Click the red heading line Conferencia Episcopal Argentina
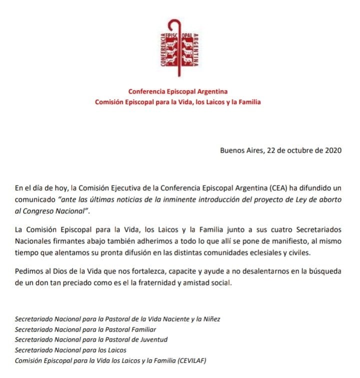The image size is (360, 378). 178,92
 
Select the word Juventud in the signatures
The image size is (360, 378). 151,339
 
